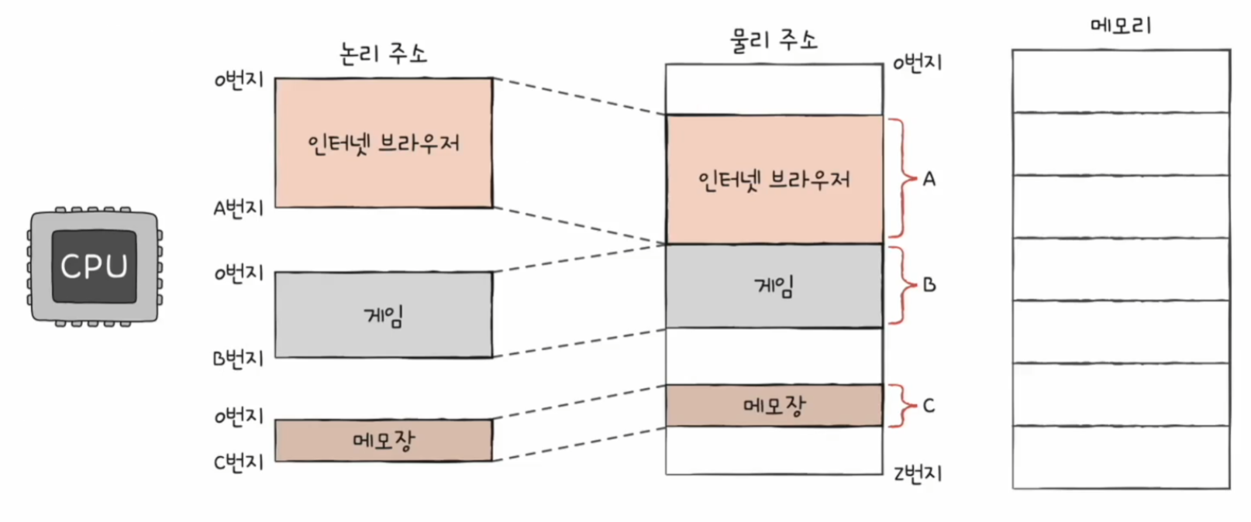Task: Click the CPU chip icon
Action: [x=95, y=266]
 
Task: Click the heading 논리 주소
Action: [x=383, y=53]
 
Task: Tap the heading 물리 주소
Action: [x=774, y=39]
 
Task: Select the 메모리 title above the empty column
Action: [x=1121, y=25]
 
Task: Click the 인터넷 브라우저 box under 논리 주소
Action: [x=384, y=143]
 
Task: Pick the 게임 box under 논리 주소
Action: [x=384, y=314]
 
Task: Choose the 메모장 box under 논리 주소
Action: [x=384, y=441]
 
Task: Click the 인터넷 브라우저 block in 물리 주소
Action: [x=774, y=180]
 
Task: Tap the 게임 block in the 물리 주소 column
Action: [x=774, y=287]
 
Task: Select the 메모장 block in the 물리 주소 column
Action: [x=774, y=405]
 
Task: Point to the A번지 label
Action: [x=239, y=208]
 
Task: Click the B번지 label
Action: [x=239, y=358]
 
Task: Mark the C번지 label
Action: [x=239, y=462]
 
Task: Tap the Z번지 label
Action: [x=918, y=473]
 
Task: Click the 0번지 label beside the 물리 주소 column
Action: [x=918, y=63]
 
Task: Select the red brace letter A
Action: [x=929, y=179]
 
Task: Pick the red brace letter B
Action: [x=929, y=285]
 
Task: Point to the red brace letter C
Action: [x=929, y=405]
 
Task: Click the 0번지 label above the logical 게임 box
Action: [x=239, y=273]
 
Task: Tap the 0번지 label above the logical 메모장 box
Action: [x=239, y=416]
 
